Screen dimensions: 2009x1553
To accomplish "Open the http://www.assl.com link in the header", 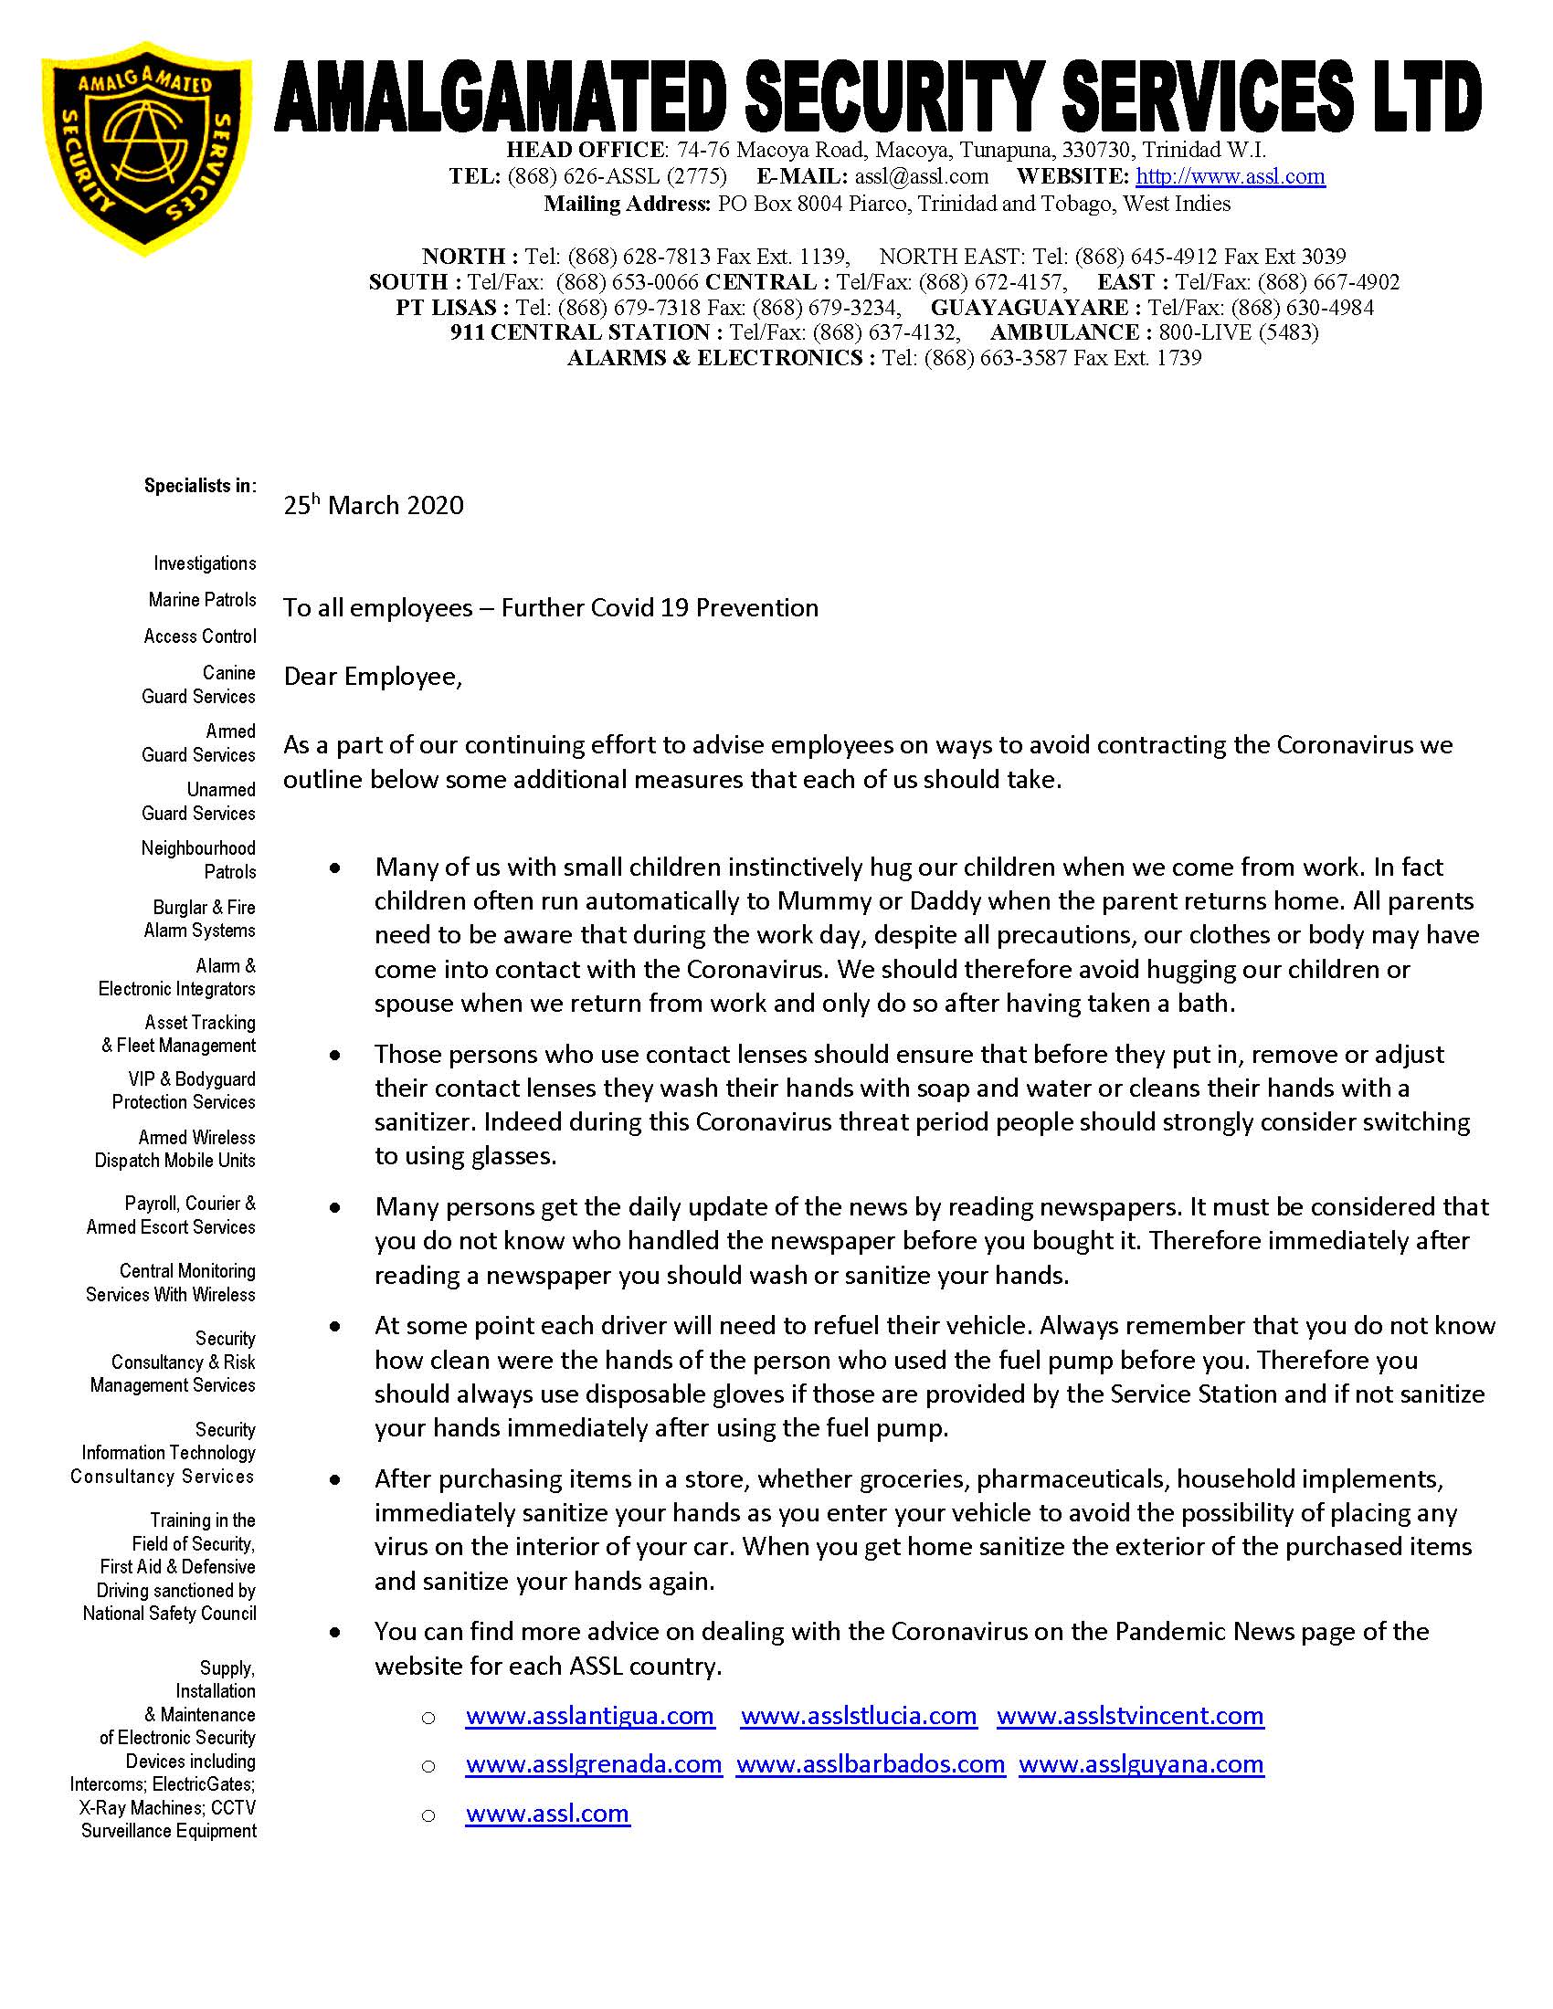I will point(1231,176).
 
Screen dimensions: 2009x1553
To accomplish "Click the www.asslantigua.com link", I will point(590,1716).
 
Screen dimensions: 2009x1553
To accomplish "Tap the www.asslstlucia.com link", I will point(859,1716).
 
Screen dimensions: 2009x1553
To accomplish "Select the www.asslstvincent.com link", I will point(1130,1716).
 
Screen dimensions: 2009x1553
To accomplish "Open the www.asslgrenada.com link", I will point(594,1764).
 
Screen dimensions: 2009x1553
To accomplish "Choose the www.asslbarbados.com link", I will point(871,1764).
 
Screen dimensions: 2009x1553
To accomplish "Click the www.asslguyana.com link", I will point(1141,1764).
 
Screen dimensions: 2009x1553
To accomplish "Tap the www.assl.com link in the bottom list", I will point(547,1814).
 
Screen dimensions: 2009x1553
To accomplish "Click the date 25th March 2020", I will point(374,505).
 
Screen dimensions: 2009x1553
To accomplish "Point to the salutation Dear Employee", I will point(372,677).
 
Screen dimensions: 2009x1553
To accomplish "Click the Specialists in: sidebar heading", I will point(200,486).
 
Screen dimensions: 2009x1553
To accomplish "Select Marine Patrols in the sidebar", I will point(203,600).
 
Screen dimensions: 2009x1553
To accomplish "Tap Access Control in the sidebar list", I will point(200,636).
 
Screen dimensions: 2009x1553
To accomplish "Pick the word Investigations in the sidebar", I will point(205,563).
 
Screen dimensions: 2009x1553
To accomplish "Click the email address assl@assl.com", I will point(921,176).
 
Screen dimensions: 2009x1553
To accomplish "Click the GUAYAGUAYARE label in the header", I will point(1029,307).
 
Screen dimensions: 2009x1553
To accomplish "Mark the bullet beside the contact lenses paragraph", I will point(335,1055).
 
